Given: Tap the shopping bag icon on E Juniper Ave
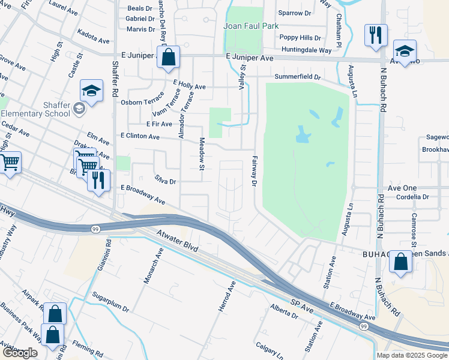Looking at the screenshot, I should [x=169, y=58].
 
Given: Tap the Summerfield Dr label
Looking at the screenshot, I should [x=298, y=77].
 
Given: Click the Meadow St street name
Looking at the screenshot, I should [x=202, y=154].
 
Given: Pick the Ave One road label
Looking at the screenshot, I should [x=402, y=188].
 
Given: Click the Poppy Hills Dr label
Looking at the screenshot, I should [x=300, y=38].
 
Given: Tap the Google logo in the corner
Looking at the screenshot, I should [x=20, y=353].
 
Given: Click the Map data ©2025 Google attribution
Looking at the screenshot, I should [x=411, y=355].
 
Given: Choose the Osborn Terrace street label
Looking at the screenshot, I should [x=142, y=102].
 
